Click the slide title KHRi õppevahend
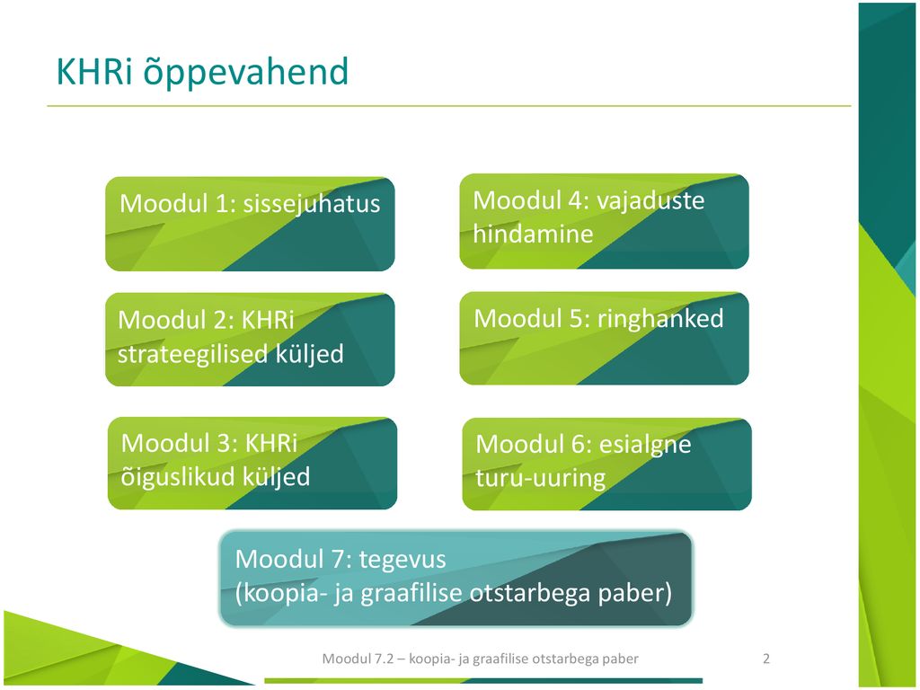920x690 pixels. pyautogui.click(x=202, y=73)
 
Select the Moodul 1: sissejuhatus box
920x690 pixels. pyautogui.click(x=250, y=224)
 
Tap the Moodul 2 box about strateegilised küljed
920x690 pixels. pyautogui.click(x=250, y=340)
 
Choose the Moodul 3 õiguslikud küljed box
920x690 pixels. pyautogui.click(x=252, y=463)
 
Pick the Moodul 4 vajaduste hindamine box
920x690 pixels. pyautogui.click(x=605, y=221)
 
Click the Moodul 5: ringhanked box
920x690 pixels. pyautogui.click(x=605, y=339)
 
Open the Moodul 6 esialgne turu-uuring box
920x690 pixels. pyautogui.click(x=606, y=464)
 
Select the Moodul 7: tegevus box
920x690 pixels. pyautogui.click(x=456, y=579)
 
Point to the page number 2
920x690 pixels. pyautogui.click(x=766, y=659)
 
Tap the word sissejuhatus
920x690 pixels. pyautogui.click(x=312, y=204)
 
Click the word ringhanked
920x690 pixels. pyautogui.click(x=660, y=319)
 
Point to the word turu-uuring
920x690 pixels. pyautogui.click(x=540, y=478)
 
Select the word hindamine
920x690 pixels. pyautogui.click(x=534, y=234)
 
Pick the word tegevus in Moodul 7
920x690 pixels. pyautogui.click(x=402, y=559)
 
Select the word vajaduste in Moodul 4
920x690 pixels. pyautogui.click(x=650, y=200)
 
